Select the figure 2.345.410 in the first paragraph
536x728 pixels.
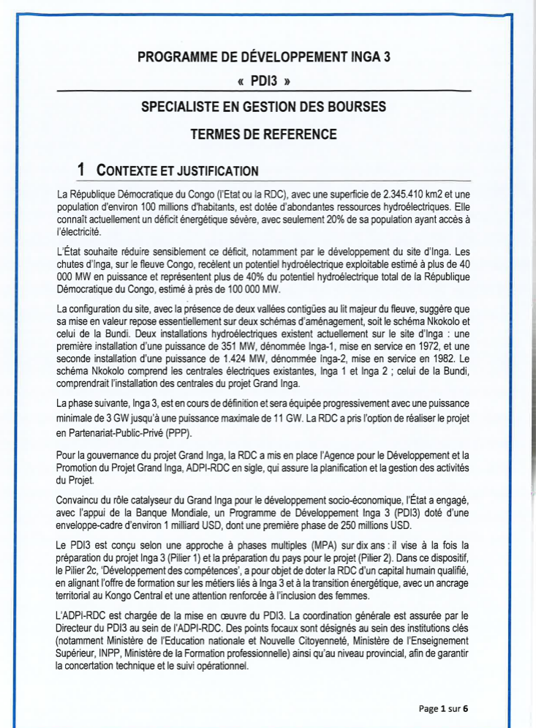407,195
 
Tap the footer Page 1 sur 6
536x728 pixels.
443,708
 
